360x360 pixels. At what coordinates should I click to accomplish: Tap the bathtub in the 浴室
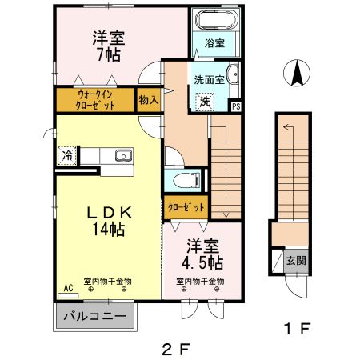214,20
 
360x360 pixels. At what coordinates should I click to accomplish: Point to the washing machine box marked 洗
205,102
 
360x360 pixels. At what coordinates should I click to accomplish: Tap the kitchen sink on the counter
122,156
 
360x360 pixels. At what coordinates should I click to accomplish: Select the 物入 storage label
147,100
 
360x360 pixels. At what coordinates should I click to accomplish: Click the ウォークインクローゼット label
94,100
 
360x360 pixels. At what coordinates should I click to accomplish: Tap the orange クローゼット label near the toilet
186,207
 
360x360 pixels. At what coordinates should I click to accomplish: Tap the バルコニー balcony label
94,318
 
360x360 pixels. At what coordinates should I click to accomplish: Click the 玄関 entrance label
296,260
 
